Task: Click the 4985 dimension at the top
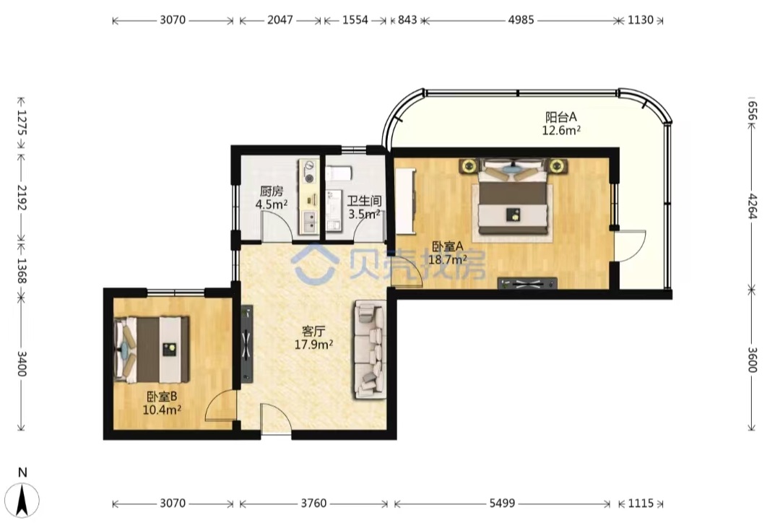pos(521,20)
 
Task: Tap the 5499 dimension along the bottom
pos(502,503)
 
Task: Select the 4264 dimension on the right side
pos(752,206)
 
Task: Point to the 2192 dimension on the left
pos(22,197)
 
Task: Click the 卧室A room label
pos(448,246)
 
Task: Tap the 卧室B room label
pos(162,397)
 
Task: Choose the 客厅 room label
pos(313,331)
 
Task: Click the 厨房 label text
pos(271,191)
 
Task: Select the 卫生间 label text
pos(364,201)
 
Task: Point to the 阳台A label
pos(561,118)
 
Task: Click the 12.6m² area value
pos(561,130)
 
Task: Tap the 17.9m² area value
pos(313,344)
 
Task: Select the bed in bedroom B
pos(152,350)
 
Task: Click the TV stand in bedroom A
pos(527,284)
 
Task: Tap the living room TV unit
pos(247,344)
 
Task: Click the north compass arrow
pos(22,500)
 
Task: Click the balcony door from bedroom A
pos(630,245)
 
